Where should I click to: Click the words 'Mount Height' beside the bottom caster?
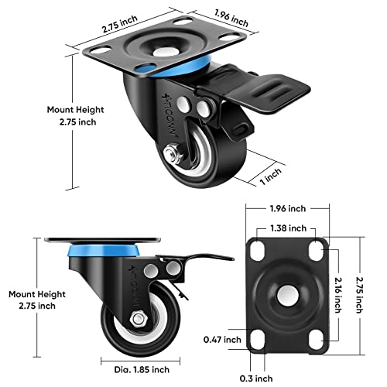coord(31,294)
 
